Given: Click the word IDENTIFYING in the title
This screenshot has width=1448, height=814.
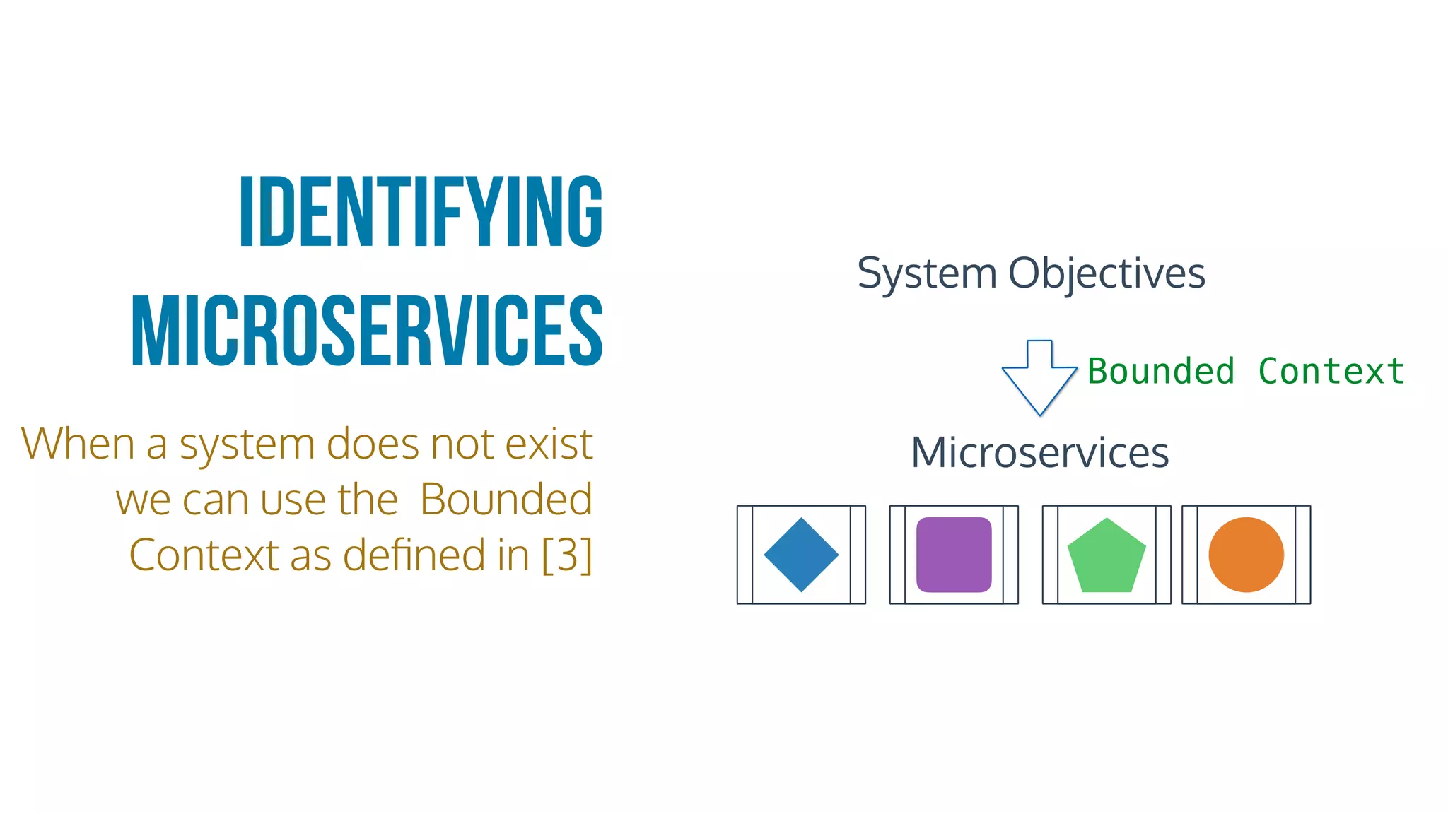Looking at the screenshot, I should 421,212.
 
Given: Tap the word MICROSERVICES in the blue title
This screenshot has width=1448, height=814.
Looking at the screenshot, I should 368,331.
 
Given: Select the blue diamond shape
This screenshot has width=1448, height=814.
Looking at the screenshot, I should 801,555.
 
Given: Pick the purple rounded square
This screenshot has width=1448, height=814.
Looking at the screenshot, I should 954,555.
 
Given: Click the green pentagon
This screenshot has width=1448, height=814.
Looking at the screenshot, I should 1107,556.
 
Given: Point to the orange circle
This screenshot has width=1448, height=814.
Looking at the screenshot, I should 1246,555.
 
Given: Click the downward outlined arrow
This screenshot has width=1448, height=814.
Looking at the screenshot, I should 1039,378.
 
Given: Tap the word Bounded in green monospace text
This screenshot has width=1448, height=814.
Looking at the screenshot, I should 1161,372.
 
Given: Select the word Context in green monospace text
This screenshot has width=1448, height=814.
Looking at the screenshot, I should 1331,372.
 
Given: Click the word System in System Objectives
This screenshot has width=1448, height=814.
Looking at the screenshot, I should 927,274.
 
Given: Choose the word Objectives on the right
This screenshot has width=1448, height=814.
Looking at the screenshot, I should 1107,274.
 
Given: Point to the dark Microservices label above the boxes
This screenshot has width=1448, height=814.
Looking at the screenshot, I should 1039,452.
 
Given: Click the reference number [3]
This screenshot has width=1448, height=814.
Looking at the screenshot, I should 567,555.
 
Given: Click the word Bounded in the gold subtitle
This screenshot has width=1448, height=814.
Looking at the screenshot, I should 506,500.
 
